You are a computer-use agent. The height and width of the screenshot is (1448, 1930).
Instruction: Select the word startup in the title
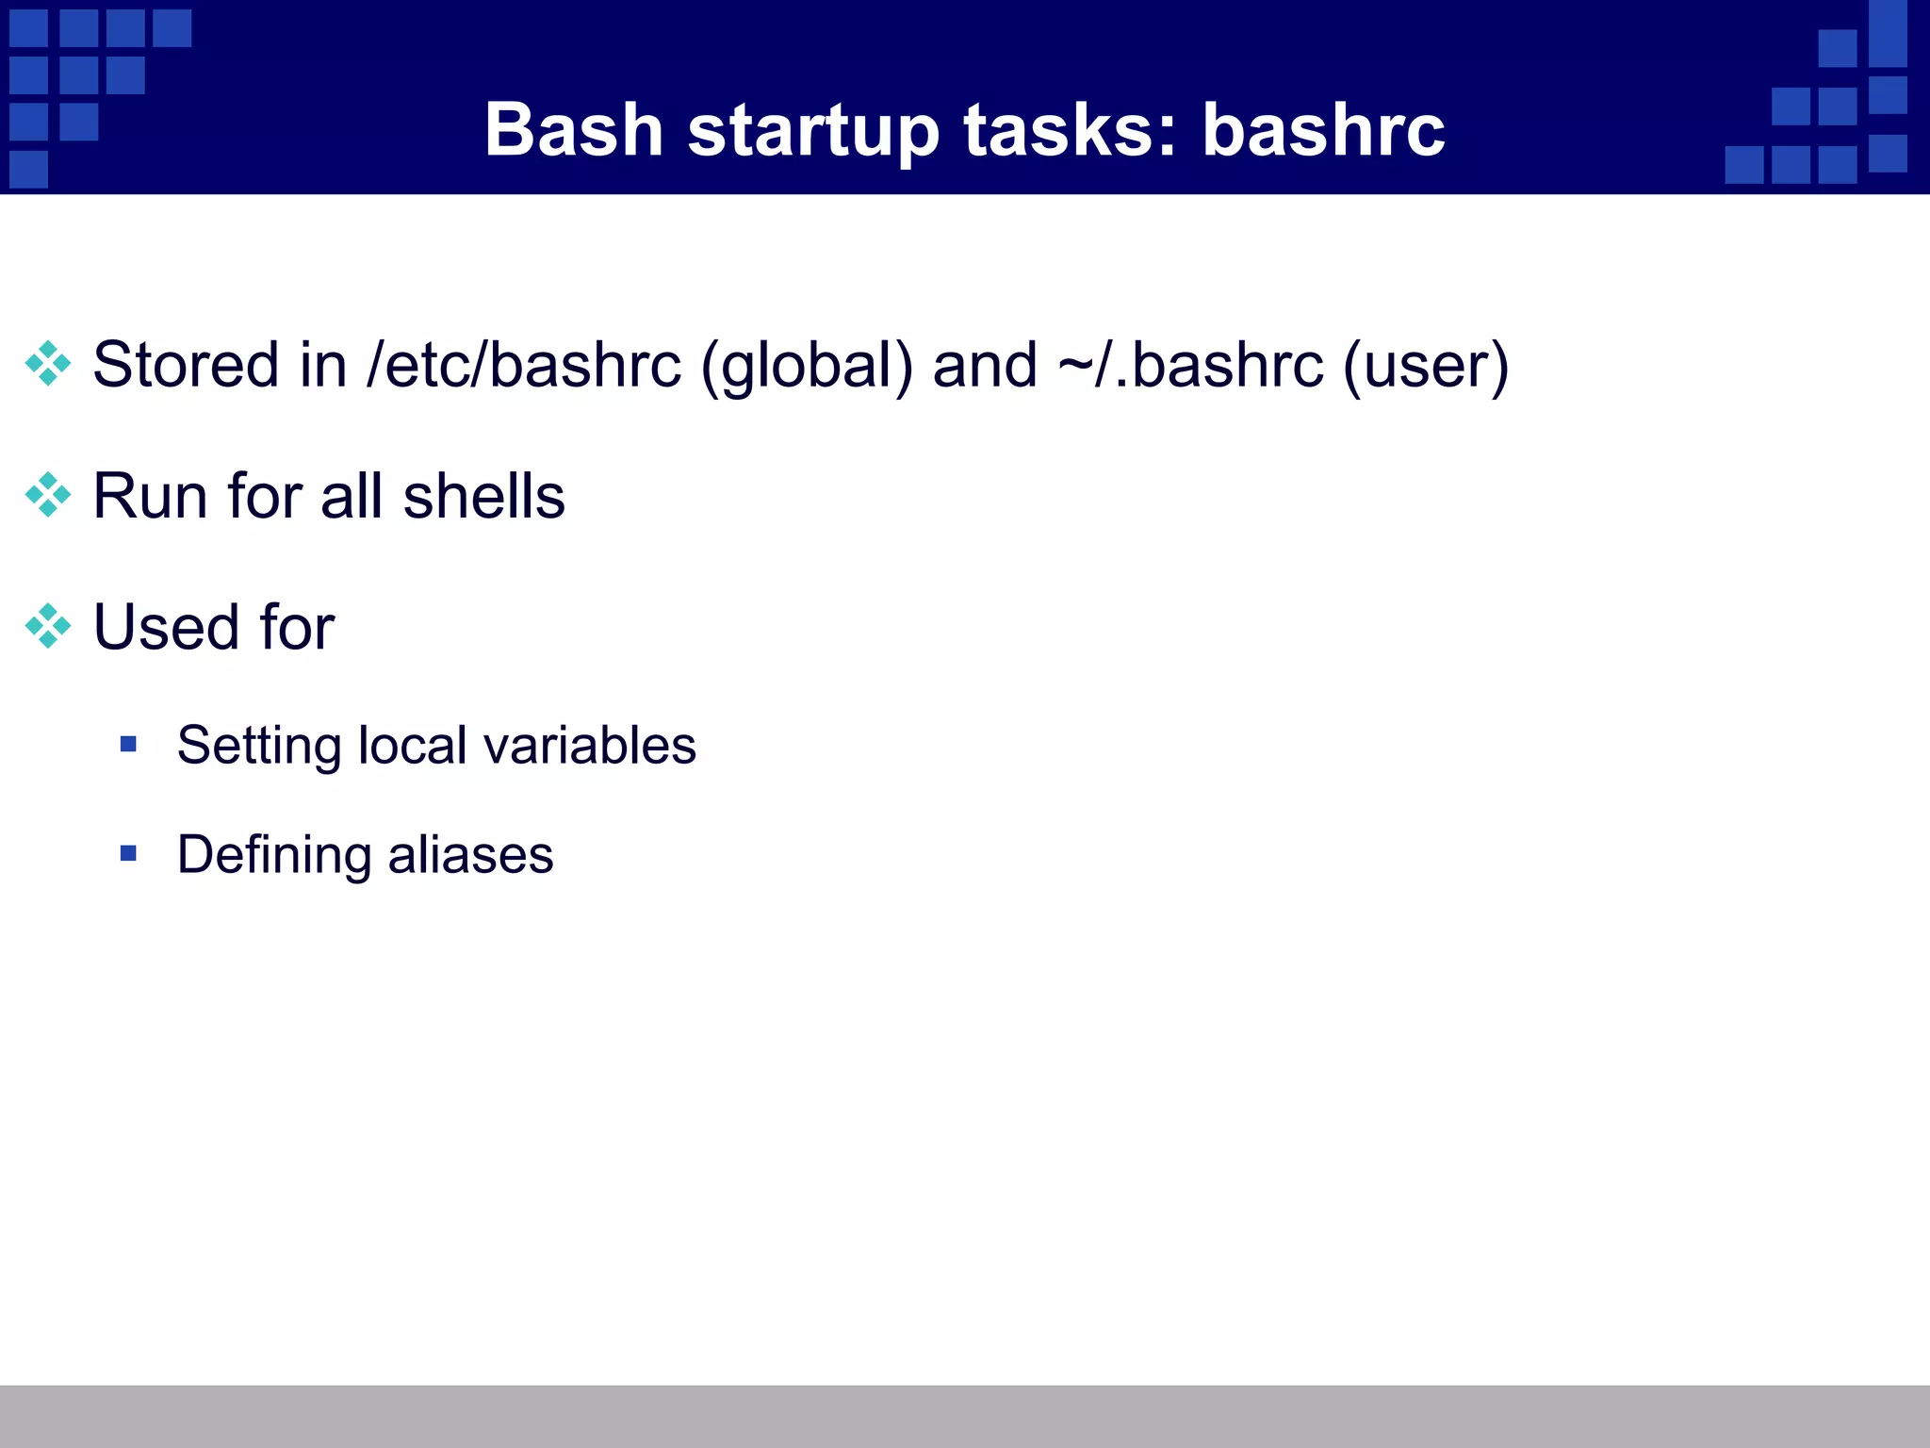coord(813,132)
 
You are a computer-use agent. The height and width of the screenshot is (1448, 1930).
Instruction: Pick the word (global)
coord(807,366)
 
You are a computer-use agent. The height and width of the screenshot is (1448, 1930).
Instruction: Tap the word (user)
coord(1426,366)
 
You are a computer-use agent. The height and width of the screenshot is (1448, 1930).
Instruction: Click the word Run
coord(150,496)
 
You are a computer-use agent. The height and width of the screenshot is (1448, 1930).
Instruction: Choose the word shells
coord(483,496)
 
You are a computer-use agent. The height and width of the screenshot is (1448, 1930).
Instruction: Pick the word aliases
coord(470,855)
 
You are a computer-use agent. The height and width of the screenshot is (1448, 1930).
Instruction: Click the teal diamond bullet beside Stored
coord(48,364)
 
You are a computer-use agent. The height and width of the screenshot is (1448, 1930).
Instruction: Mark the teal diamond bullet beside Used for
coord(48,626)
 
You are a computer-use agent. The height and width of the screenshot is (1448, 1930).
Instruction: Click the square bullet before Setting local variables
coord(129,745)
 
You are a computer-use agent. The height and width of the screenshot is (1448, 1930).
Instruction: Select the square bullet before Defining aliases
coord(129,854)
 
